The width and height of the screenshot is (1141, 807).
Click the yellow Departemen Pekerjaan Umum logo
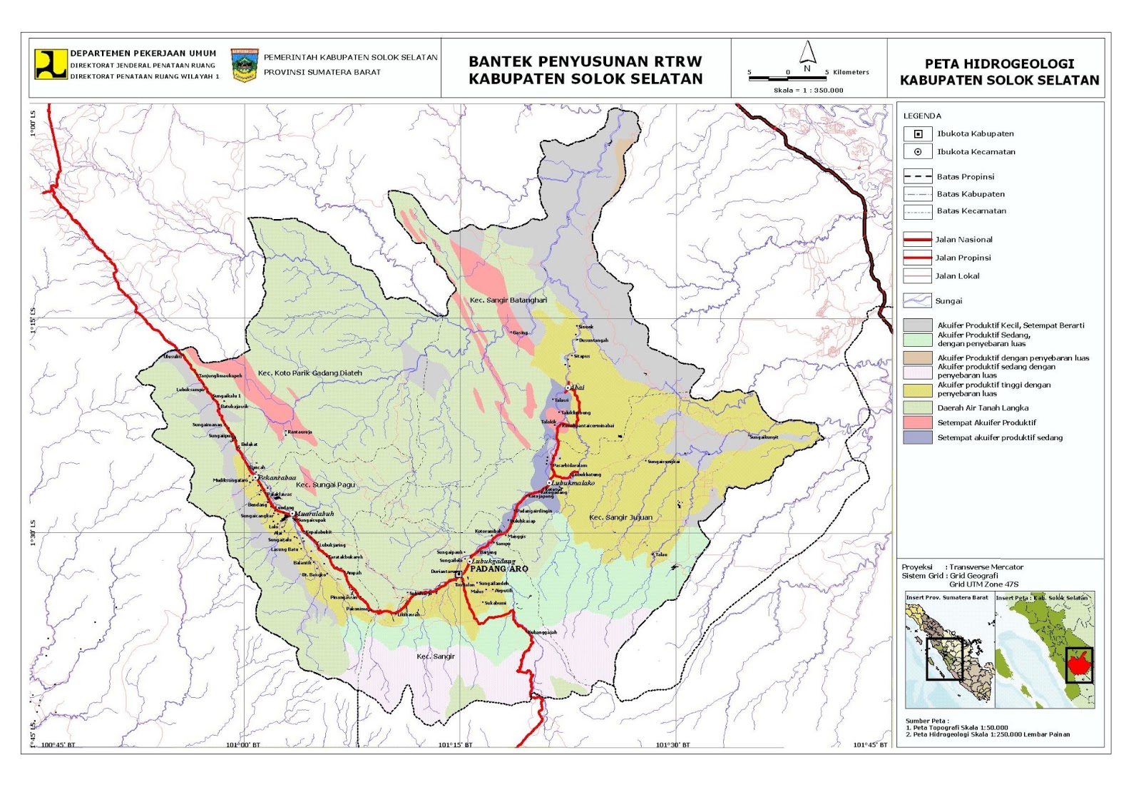51,64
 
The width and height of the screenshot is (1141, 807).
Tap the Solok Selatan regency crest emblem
245,65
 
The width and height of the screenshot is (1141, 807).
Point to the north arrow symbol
807,54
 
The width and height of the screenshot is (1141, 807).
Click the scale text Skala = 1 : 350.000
808,91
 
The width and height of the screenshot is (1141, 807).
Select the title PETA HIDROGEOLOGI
999,64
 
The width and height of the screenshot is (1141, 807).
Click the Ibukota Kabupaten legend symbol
918,134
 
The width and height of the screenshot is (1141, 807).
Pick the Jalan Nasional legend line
918,240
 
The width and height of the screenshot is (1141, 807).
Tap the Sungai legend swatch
918,300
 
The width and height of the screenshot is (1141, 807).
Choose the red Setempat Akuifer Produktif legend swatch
918,422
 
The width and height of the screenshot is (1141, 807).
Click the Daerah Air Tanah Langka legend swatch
918,407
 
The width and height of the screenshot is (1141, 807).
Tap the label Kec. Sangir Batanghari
508,300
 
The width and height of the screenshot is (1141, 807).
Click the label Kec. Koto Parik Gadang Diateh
309,373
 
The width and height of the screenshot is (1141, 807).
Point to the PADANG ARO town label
499,569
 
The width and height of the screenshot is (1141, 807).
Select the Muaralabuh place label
314,514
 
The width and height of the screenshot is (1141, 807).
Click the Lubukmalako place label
573,483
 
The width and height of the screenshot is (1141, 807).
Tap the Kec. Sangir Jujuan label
620,517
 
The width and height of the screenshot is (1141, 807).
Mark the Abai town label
577,388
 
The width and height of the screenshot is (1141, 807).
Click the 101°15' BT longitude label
455,745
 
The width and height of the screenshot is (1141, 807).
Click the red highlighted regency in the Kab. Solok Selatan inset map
1078,664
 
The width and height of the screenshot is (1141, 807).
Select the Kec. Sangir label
435,656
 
